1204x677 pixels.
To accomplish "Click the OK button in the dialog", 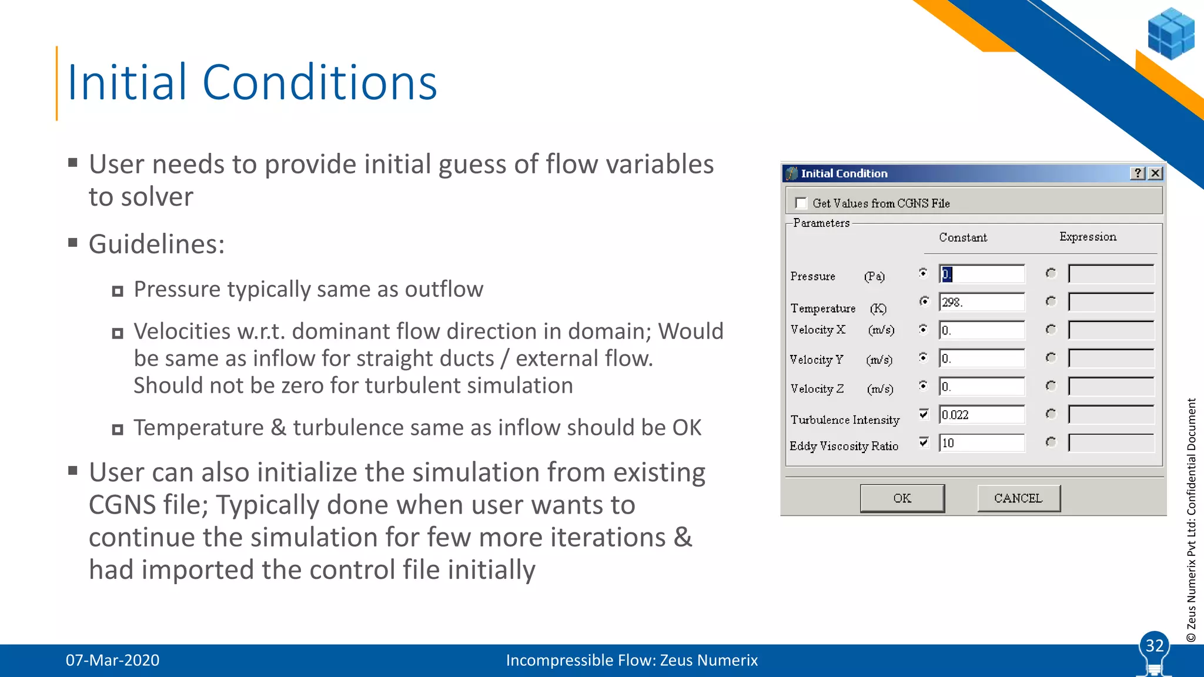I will (902, 498).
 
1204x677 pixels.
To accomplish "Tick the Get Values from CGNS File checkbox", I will (801, 203).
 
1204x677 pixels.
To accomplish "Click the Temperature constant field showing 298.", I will (981, 302).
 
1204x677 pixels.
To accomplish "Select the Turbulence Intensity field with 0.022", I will (981, 415).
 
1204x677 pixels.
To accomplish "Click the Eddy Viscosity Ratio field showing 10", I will (981, 443).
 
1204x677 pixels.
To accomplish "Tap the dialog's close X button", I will (1155, 173).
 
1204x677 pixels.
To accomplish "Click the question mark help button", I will (1138, 173).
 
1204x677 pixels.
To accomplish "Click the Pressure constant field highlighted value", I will (981, 274).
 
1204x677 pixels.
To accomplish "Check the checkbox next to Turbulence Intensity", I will (924, 414).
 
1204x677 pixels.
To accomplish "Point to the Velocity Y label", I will (816, 360).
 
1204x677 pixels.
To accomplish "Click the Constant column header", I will (962, 237).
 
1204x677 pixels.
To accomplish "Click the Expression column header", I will (1088, 237).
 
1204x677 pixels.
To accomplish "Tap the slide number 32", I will (1154, 646).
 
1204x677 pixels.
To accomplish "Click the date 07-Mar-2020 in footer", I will (112, 661).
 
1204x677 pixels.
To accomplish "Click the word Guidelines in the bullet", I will (156, 244).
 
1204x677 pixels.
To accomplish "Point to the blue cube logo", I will (1170, 33).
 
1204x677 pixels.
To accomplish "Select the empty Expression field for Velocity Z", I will (1111, 387).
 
